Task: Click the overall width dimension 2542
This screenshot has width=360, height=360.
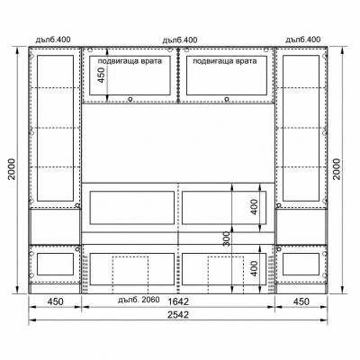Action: pos(178,315)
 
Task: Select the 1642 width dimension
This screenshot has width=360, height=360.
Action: pos(178,301)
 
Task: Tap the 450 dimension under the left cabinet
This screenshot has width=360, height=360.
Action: pos(56,301)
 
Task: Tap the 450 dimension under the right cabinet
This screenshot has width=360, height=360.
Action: pos(301,301)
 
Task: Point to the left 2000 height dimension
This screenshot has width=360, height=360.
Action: pos(12,169)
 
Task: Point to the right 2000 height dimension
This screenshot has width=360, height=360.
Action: pos(337,169)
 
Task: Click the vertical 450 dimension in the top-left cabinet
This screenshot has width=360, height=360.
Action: pos(102,76)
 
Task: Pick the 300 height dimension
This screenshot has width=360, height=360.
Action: pos(227,238)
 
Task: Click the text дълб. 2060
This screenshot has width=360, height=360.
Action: pos(139,300)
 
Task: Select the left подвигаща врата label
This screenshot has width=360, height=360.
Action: pos(130,61)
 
